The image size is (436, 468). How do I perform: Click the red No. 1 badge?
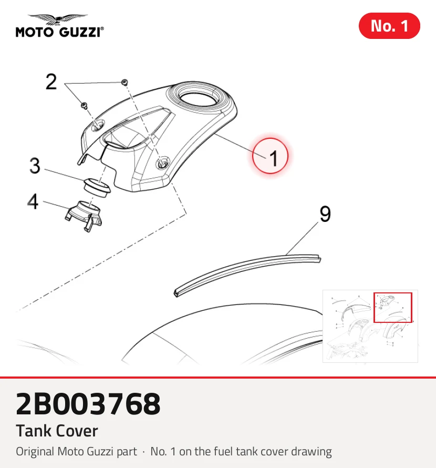pos(389,26)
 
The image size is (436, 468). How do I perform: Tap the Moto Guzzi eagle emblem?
pos(58,19)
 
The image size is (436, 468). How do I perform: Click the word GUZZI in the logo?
pos(80,32)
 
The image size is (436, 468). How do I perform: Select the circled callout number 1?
pos(270,156)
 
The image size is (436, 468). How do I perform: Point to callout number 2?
pos(51,82)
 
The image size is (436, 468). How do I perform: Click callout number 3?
pos(35,166)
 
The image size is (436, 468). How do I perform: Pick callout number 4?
pos(33,201)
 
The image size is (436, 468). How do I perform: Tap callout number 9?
pos(325,213)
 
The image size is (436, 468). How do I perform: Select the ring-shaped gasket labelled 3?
pos(96,187)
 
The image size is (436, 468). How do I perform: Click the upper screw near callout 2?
pos(125,82)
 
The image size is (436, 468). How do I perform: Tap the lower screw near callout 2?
pos(84,105)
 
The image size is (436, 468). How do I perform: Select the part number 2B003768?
pos(88,404)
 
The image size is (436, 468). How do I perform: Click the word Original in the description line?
pos(36,452)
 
